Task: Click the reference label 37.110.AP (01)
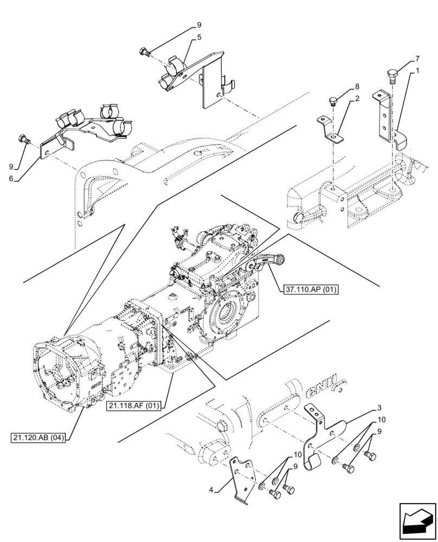click(311, 290)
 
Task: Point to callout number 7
click(417, 58)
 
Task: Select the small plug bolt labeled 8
click(334, 101)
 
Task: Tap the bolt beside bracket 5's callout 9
click(144, 53)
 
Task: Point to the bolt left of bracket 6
click(23, 139)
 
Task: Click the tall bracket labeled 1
click(385, 119)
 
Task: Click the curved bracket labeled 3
click(317, 439)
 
